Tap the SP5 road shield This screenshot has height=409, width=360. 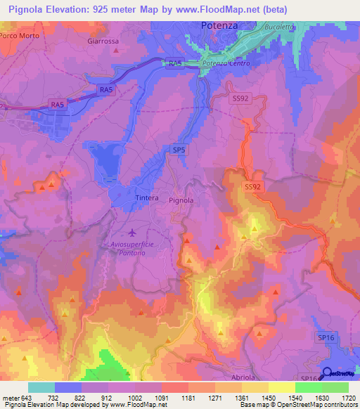coord(179,150)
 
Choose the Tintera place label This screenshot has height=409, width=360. coord(147,198)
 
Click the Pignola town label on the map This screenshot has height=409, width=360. coord(181,200)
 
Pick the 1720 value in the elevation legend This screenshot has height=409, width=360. coord(348,398)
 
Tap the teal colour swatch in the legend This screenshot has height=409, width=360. coord(41,387)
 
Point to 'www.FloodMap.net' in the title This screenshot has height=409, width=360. coord(224,7)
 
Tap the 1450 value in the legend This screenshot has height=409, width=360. coord(269,398)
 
